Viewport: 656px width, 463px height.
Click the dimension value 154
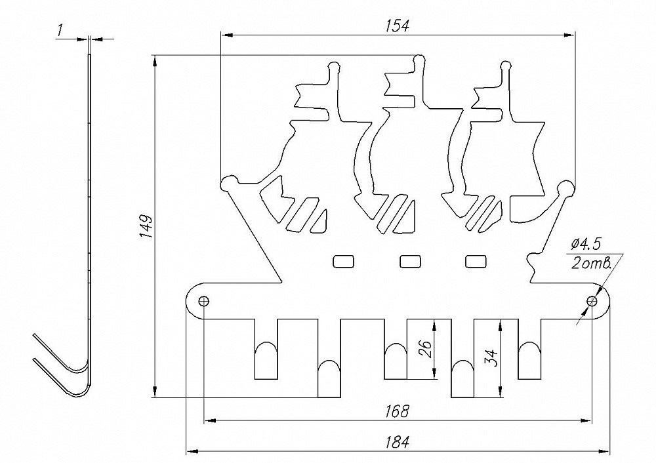click(x=398, y=26)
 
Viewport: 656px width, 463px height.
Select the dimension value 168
click(x=398, y=411)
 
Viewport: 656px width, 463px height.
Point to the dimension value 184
click(x=398, y=443)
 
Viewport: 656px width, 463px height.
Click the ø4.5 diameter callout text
click(x=586, y=245)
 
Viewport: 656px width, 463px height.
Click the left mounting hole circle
click(x=204, y=301)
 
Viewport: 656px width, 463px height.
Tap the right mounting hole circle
click(x=592, y=301)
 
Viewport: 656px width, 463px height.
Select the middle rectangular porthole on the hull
click(x=411, y=261)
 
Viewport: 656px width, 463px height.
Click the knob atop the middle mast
click(x=418, y=62)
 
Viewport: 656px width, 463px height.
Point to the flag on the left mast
click(x=310, y=98)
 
